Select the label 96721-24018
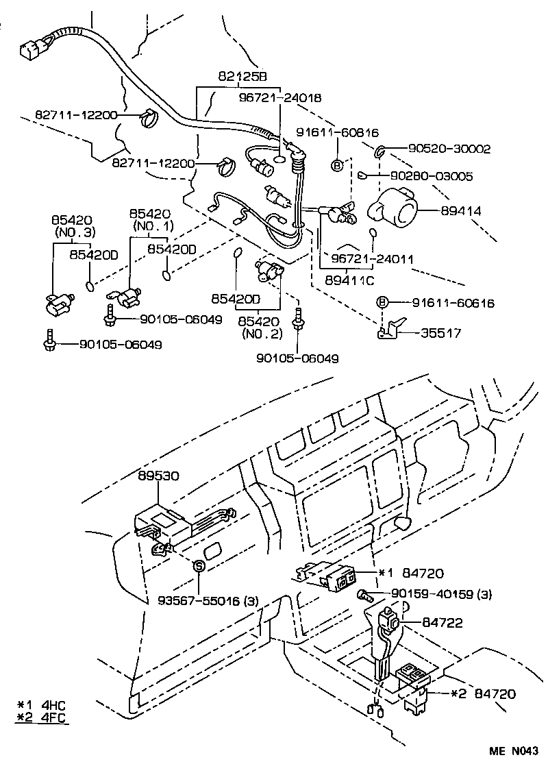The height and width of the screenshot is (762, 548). click(x=280, y=98)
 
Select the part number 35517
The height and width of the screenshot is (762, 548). click(x=442, y=333)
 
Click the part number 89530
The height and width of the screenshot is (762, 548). click(x=159, y=475)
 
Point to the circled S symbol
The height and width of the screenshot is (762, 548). click(x=198, y=565)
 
